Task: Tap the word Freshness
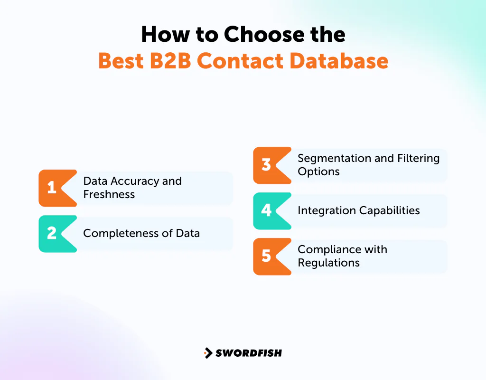point(109,194)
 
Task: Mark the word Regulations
point(328,263)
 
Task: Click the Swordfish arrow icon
point(208,353)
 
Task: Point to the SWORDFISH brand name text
point(248,353)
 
